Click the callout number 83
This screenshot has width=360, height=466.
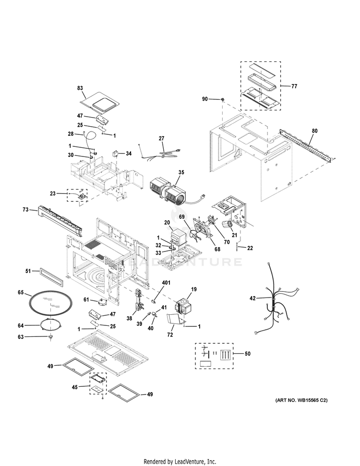(x=80, y=88)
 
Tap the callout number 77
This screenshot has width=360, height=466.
(x=294, y=86)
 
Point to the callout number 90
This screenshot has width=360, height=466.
(x=205, y=99)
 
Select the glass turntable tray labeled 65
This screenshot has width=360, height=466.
(x=50, y=302)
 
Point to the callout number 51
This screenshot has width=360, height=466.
(x=28, y=272)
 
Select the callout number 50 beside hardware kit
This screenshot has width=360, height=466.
(x=247, y=354)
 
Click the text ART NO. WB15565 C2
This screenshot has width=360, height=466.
(x=304, y=400)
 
